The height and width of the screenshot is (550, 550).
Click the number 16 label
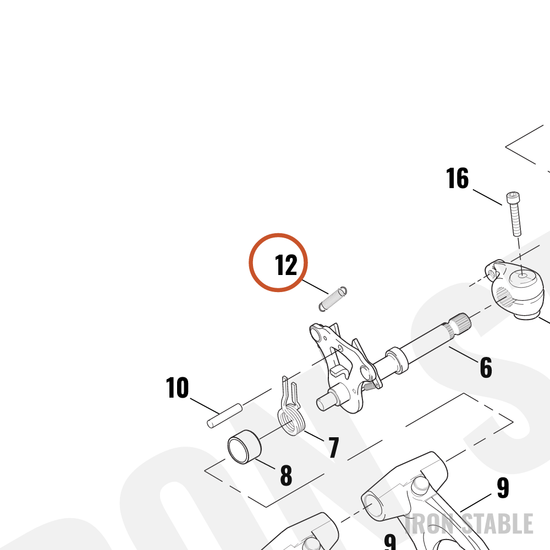[x=457, y=178]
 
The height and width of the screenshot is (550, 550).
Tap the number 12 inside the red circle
[x=286, y=265]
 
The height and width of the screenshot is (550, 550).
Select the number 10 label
[x=177, y=388]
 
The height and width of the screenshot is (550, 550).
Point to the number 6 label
[x=486, y=368]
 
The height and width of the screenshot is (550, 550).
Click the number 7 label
[x=334, y=447]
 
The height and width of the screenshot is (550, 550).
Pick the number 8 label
[x=286, y=475]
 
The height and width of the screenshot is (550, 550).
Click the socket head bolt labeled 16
[x=514, y=214]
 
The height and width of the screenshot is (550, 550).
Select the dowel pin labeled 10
[x=224, y=416]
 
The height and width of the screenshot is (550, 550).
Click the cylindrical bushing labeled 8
[x=245, y=447]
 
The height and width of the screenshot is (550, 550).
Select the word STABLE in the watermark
[x=497, y=524]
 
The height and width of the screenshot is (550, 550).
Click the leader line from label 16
[x=487, y=197]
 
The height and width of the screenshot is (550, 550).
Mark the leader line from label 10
[x=205, y=406]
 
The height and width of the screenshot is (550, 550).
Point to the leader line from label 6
[x=463, y=355]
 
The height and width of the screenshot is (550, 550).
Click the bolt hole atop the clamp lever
[x=522, y=277]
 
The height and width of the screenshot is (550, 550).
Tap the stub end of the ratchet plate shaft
[x=325, y=402]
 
